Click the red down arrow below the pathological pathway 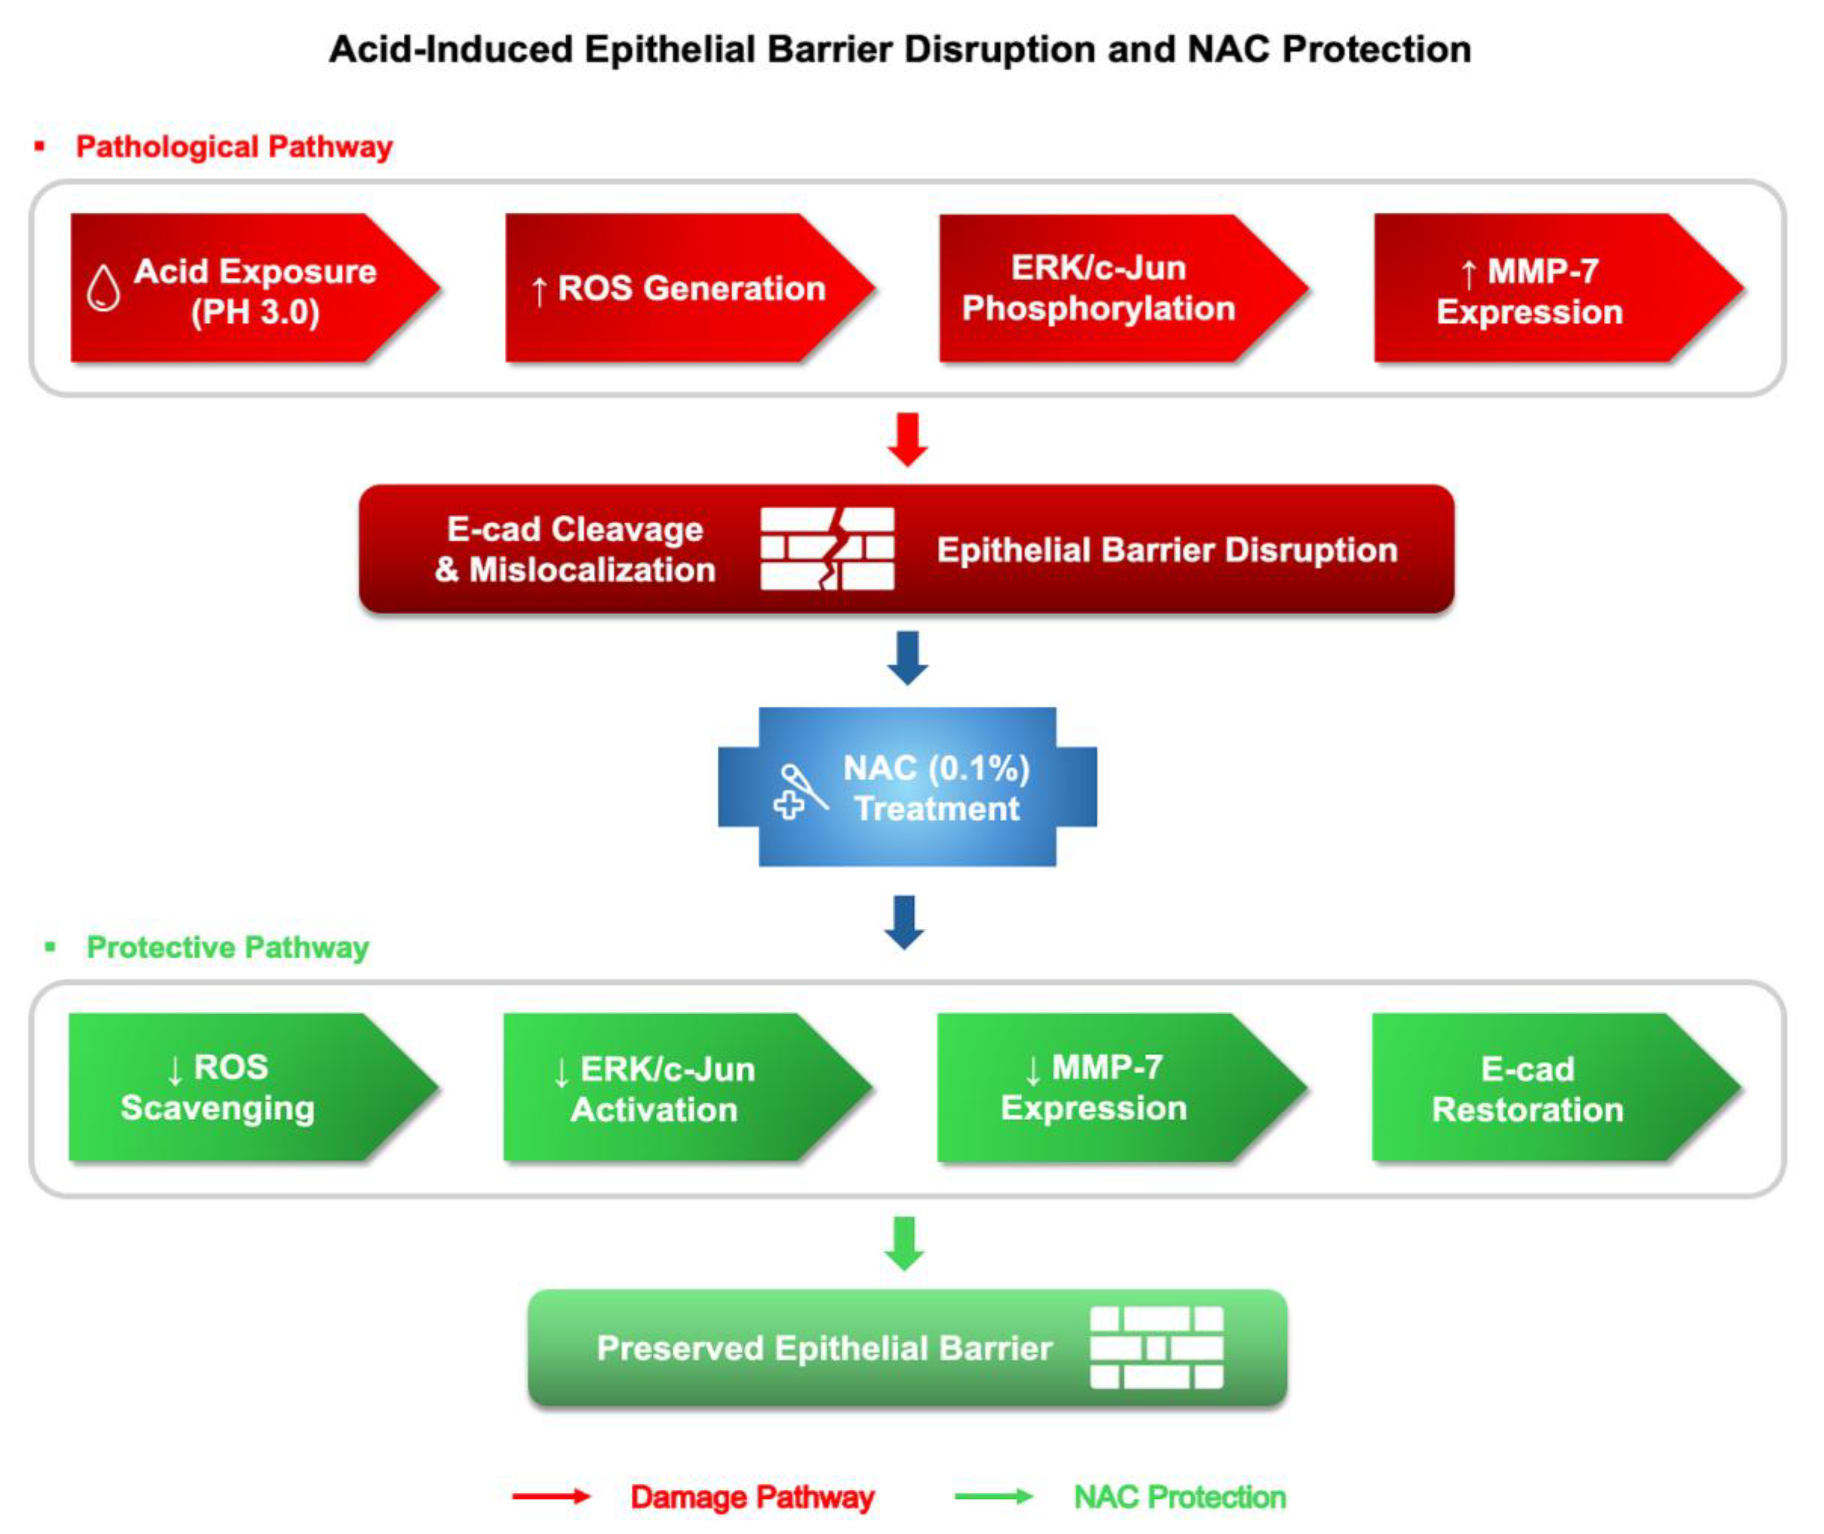[x=907, y=439]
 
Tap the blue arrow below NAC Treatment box [x=904, y=922]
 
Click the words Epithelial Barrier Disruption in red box [x=1167, y=549]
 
